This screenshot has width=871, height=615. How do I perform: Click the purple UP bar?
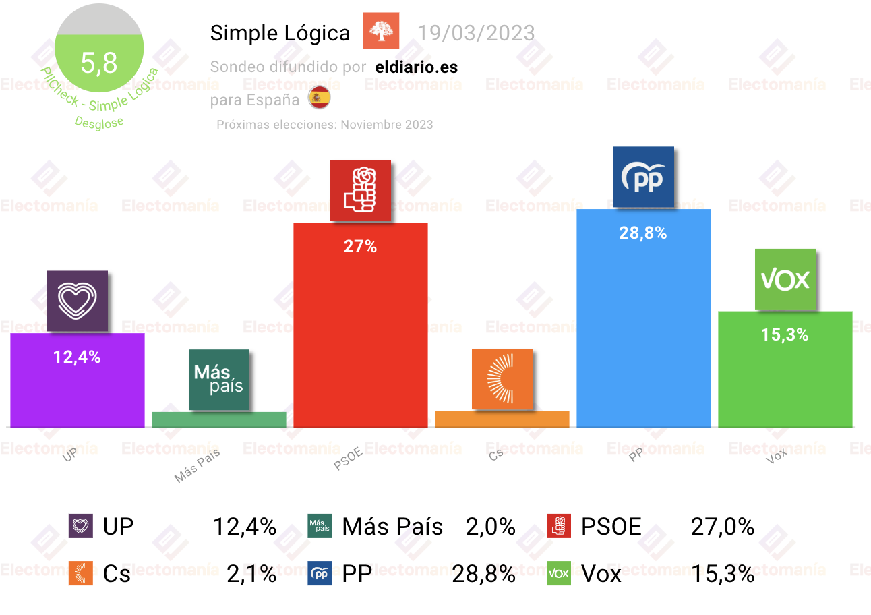[x=78, y=380]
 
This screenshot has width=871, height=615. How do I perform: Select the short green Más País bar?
[x=219, y=419]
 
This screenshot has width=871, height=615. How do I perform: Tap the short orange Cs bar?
[x=502, y=419]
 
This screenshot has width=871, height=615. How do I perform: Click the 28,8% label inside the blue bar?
[x=642, y=233]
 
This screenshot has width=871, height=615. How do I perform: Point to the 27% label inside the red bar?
[x=360, y=246]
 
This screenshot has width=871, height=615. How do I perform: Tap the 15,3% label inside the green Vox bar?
[x=785, y=334]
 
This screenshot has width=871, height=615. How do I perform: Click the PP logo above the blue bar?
[x=644, y=177]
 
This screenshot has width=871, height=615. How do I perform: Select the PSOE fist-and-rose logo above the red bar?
[x=361, y=191]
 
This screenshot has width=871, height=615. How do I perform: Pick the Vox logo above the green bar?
[x=785, y=279]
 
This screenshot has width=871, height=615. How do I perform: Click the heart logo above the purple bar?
[x=78, y=301]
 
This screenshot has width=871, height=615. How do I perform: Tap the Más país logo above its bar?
[x=219, y=380]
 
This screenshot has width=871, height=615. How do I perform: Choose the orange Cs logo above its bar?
[x=502, y=379]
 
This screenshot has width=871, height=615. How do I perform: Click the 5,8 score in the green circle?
[x=99, y=63]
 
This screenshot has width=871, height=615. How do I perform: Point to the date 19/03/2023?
[x=476, y=33]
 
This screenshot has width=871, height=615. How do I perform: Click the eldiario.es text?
[x=417, y=67]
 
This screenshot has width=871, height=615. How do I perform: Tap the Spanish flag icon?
[x=320, y=97]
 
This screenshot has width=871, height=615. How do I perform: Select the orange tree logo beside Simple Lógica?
[x=381, y=31]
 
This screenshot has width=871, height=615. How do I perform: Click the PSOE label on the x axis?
[x=348, y=459]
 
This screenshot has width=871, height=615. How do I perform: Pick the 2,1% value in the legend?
[x=251, y=573]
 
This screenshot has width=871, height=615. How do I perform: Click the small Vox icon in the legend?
[x=559, y=573]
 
